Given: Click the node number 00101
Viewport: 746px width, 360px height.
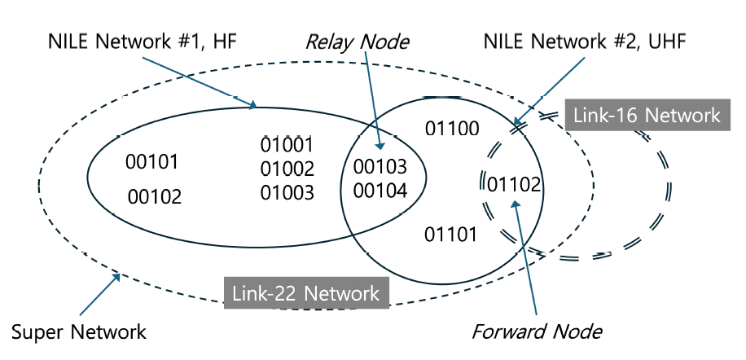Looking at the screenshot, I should pyautogui.click(x=151, y=161).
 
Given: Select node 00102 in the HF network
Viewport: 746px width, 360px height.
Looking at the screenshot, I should pyautogui.click(x=154, y=196).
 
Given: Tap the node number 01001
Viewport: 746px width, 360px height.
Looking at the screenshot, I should pyautogui.click(x=287, y=145).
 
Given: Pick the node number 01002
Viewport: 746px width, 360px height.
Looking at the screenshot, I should pyautogui.click(x=287, y=169).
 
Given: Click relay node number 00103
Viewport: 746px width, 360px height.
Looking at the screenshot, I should pyautogui.click(x=380, y=168).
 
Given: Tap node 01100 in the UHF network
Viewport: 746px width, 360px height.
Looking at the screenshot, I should pyautogui.click(x=452, y=128).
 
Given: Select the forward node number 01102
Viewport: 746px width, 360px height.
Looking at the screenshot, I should pyautogui.click(x=514, y=185).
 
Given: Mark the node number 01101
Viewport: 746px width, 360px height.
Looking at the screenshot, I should pyautogui.click(x=451, y=235).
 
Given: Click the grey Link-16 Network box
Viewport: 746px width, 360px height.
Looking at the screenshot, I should pyautogui.click(x=647, y=115).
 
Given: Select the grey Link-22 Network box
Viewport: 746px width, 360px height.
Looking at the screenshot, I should pyautogui.click(x=305, y=292).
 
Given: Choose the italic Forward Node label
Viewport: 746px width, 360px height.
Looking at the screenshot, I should pyautogui.click(x=538, y=331).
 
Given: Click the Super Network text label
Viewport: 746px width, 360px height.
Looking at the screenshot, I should pyautogui.click(x=79, y=332).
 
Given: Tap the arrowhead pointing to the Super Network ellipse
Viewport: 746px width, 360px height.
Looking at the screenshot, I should pyautogui.click(x=119, y=277).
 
